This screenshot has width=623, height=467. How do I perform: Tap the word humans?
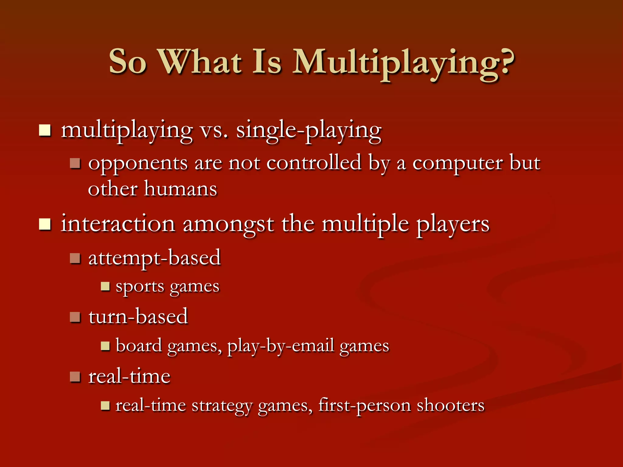pyautogui.click(x=180, y=189)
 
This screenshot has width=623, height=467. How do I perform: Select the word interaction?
pyautogui.click(x=118, y=224)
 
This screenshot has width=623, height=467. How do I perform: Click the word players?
pyautogui.click(x=453, y=225)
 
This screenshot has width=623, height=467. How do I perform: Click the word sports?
pyautogui.click(x=140, y=287)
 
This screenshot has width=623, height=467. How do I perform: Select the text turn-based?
pyautogui.click(x=138, y=317)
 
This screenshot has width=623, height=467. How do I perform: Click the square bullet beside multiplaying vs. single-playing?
pyautogui.click(x=45, y=131)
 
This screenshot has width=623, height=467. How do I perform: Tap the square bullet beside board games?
pyautogui.click(x=105, y=346)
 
